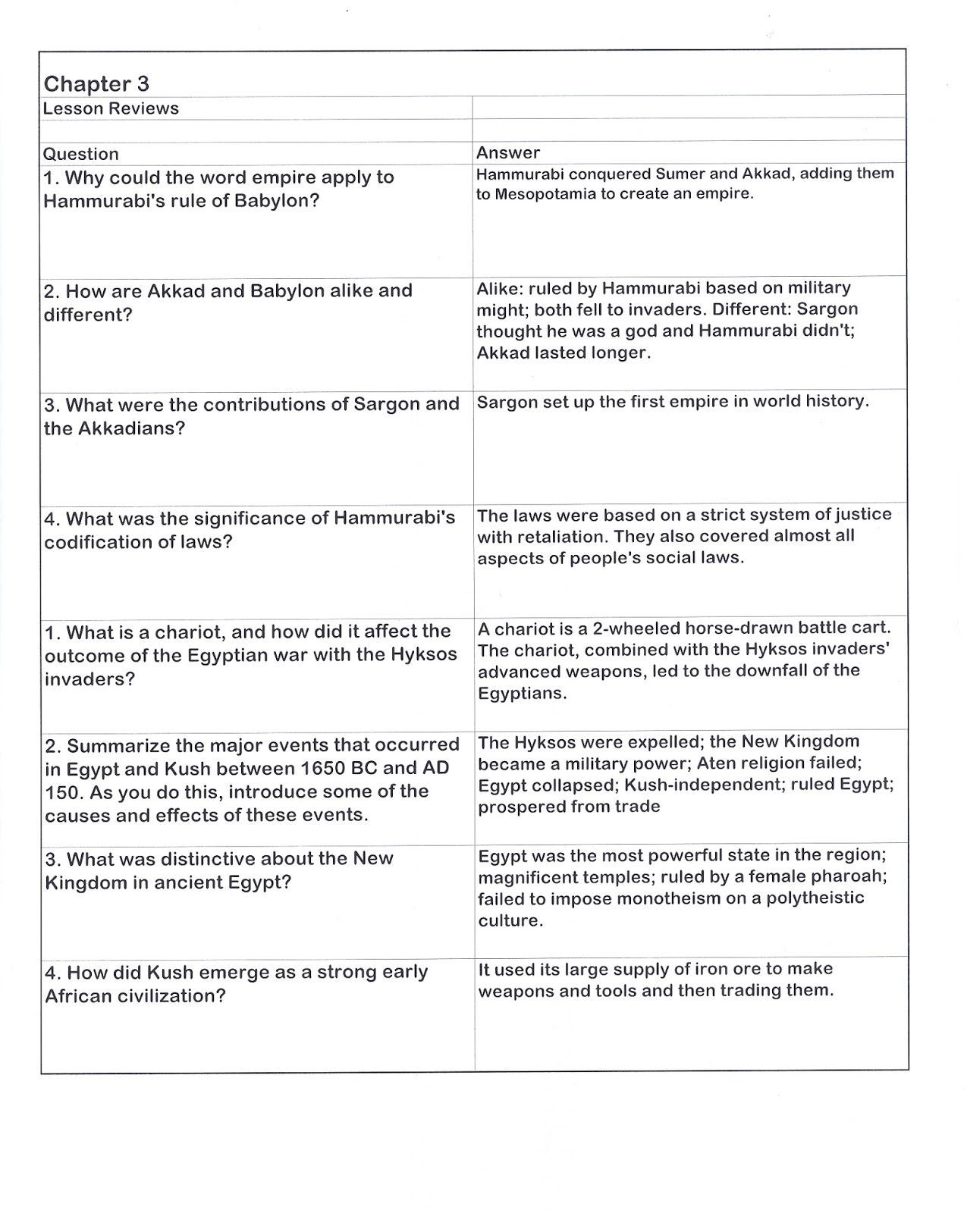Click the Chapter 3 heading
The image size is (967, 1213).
[x=96, y=83]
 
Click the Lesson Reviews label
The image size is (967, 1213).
[x=111, y=108]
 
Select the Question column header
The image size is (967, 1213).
[x=80, y=154]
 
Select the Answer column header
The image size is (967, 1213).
[x=507, y=152]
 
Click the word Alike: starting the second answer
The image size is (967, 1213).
[x=500, y=288]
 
